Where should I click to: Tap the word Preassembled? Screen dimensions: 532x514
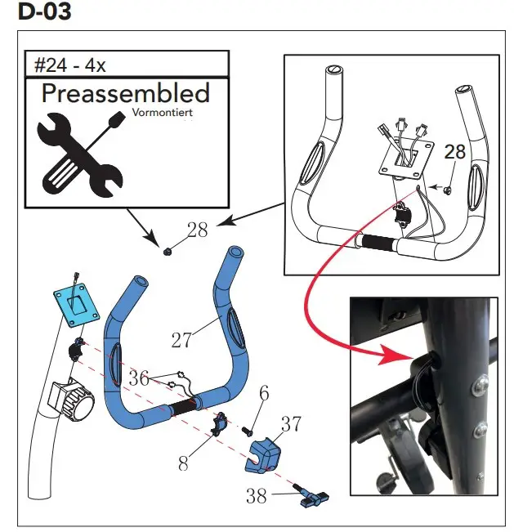tap(125, 93)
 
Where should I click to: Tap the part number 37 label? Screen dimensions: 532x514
tap(292, 424)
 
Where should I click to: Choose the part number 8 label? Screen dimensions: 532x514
tap(184, 464)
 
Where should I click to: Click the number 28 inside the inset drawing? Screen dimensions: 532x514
tap(454, 152)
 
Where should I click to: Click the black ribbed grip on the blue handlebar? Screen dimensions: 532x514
tap(185, 405)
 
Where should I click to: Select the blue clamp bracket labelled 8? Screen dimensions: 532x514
tap(220, 425)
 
